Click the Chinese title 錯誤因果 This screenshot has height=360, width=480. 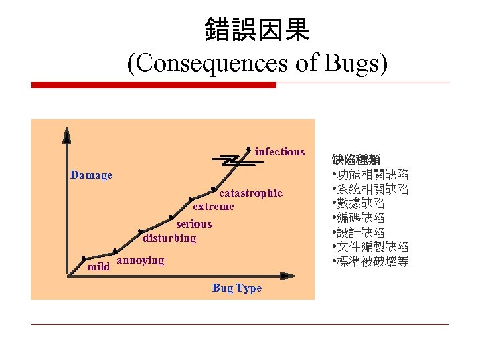pos(256,29)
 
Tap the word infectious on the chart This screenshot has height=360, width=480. pos(279,152)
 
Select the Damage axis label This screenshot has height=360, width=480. pos(92,175)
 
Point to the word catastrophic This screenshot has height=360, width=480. pos(251,193)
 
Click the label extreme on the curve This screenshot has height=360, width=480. pos(214,207)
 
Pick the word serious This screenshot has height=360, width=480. pos(193,224)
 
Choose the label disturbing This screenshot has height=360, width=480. pos(169,238)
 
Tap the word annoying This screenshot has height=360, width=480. pos(140,260)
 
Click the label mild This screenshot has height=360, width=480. pos(98,267)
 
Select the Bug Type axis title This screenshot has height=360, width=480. pos(236,288)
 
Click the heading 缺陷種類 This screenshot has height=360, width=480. pos(355,160)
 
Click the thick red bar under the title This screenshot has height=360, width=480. pos(154,85)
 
